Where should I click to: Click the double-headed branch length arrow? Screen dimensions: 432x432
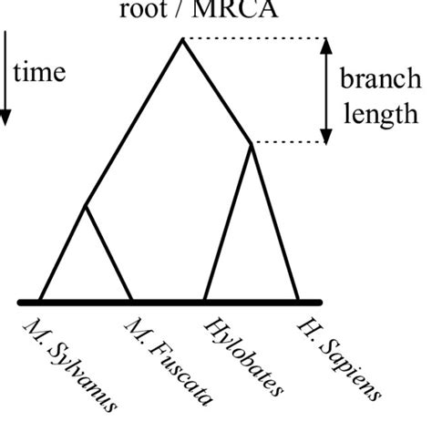[x=324, y=90]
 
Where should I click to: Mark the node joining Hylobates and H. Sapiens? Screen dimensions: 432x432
[x=252, y=143]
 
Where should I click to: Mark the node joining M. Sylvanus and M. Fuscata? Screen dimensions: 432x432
[x=86, y=206]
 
